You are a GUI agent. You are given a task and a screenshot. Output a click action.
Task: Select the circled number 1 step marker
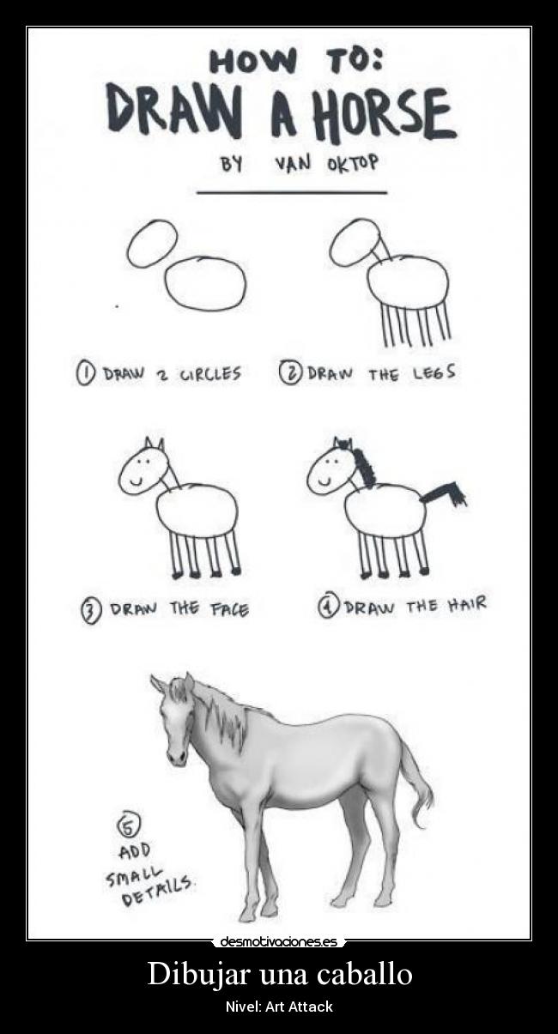click(x=86, y=374)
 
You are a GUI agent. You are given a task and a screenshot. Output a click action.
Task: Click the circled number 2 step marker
click(x=291, y=373)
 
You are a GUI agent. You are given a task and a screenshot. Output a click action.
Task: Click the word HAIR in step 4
click(x=466, y=605)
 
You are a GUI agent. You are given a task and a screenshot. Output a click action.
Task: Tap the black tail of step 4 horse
click(x=446, y=495)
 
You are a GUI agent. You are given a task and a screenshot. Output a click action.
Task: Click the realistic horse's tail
click(x=418, y=785)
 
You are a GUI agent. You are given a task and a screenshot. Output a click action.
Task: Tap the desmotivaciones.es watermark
click(x=278, y=941)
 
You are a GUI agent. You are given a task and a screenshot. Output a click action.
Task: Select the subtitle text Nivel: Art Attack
click(x=278, y=1007)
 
